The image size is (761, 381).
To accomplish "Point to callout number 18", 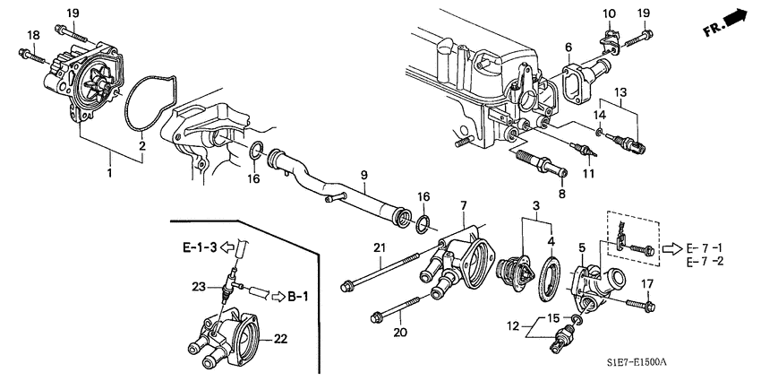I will click(33, 34).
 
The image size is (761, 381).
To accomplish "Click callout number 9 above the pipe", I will click(364, 174).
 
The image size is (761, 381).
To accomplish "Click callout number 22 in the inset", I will click(279, 338).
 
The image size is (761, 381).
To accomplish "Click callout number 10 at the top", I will click(608, 13).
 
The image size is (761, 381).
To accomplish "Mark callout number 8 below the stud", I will click(562, 194).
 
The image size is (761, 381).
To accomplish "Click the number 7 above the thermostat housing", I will click(464, 206).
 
